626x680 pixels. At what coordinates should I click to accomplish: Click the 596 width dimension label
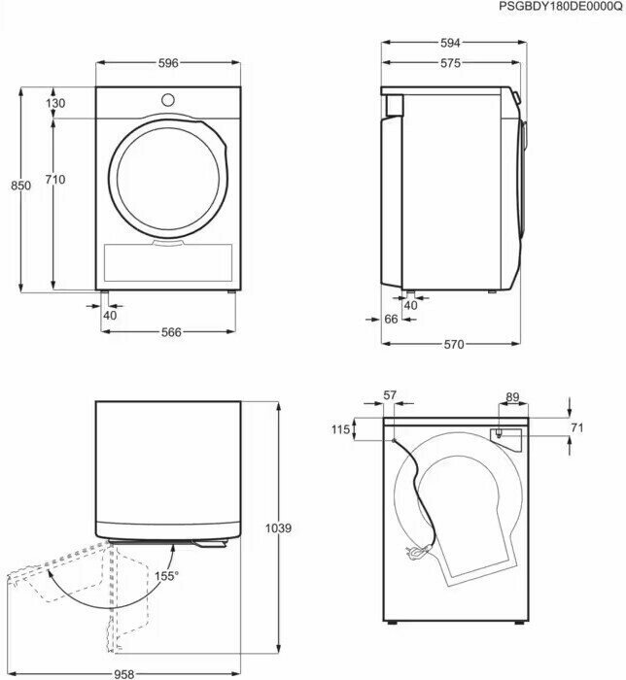point(168,63)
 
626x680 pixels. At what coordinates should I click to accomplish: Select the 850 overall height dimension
point(20,186)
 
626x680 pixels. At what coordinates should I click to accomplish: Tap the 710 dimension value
point(55,179)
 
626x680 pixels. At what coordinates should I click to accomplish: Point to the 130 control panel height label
point(55,103)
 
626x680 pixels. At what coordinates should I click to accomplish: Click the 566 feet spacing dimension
point(171,332)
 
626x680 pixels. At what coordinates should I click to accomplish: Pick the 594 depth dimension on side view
point(450,43)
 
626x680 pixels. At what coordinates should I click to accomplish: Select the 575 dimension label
point(450,63)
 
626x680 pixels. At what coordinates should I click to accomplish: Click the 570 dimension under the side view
point(453,344)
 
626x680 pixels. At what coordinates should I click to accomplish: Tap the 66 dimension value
point(391,320)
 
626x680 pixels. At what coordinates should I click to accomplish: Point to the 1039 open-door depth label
point(278,528)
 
